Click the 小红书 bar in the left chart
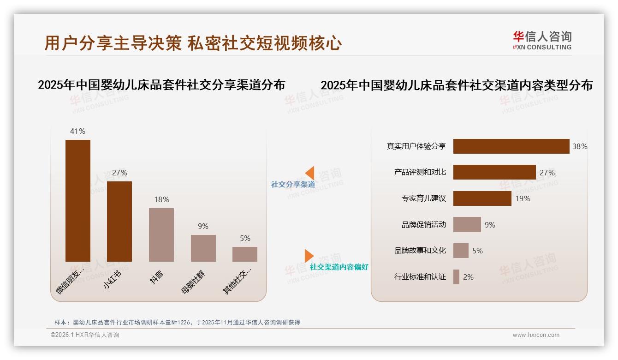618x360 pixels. (119, 222)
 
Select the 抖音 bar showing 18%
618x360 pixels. (161, 235)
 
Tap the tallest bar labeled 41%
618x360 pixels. (78, 201)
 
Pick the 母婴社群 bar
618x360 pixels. (203, 248)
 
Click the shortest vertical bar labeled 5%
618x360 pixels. (245, 254)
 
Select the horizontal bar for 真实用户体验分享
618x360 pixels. (511, 146)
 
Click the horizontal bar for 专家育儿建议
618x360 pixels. (482, 198)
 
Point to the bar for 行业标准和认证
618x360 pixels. (456, 277)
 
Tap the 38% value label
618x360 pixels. (580, 146)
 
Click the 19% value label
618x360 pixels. (523, 198)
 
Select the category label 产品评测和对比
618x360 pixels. (420, 173)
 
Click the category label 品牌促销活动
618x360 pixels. (423, 225)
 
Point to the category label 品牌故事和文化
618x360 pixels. (420, 251)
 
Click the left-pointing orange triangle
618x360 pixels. (310, 173)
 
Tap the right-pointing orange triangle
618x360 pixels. (309, 256)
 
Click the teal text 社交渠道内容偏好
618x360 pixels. (339, 267)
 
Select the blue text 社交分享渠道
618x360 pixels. (293, 184)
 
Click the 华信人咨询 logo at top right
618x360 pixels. (542, 40)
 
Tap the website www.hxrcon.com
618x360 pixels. (536, 335)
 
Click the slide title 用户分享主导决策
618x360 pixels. (113, 43)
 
